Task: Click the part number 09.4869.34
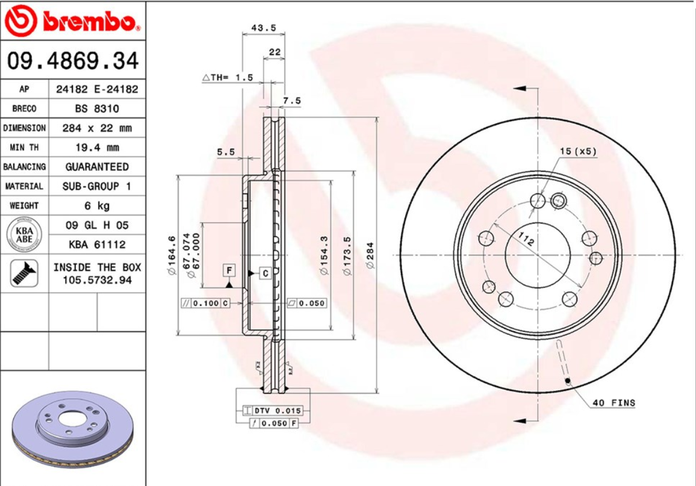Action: click(73, 61)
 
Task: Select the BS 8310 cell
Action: click(96, 108)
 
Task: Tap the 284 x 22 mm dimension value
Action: click(96, 128)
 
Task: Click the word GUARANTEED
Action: click(96, 166)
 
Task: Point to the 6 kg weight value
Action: click(96, 205)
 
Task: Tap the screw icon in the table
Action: click(23, 273)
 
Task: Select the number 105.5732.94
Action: click(97, 280)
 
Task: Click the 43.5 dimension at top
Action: click(263, 28)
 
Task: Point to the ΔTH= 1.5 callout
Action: click(228, 78)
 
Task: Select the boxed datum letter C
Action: click(266, 273)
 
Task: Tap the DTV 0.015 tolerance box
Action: click(273, 411)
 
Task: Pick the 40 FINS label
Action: click(614, 402)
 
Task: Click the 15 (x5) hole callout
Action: click(577, 151)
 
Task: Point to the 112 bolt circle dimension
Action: click(526, 240)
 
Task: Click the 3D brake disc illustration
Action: click(72, 429)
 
